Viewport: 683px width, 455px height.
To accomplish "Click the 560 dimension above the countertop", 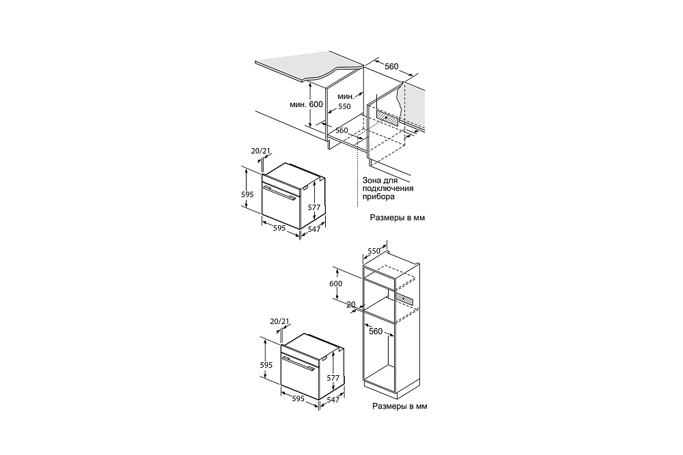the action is pos(391,67).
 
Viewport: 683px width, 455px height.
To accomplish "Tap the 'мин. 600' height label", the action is pos(306,104).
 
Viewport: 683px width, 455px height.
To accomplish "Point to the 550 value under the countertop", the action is pos(344,106).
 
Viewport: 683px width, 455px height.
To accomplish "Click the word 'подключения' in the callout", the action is pos(388,188).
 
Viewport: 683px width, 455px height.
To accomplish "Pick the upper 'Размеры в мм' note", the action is pos(398,218).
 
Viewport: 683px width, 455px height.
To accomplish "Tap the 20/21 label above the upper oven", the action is pos(260,151).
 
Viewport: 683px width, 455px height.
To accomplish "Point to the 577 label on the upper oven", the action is pos(314,207).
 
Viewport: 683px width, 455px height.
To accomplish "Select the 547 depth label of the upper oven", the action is pos(314,229).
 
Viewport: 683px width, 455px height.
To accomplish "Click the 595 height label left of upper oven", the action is pos(247,194).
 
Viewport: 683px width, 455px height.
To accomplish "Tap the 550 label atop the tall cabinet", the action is pos(374,251).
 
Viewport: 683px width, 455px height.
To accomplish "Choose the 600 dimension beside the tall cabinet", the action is pos(336,284).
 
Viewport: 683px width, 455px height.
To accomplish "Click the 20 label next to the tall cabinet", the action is pos(351,304).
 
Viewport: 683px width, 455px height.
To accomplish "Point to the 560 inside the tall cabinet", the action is pos(376,332).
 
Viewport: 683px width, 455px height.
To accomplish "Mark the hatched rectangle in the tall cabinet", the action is pos(404,297).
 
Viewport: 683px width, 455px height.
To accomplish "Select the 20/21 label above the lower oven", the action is pos(279,321).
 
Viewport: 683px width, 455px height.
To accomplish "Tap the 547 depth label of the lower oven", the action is pos(333,399).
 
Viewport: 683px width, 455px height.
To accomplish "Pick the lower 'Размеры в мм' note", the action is pos(400,407).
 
